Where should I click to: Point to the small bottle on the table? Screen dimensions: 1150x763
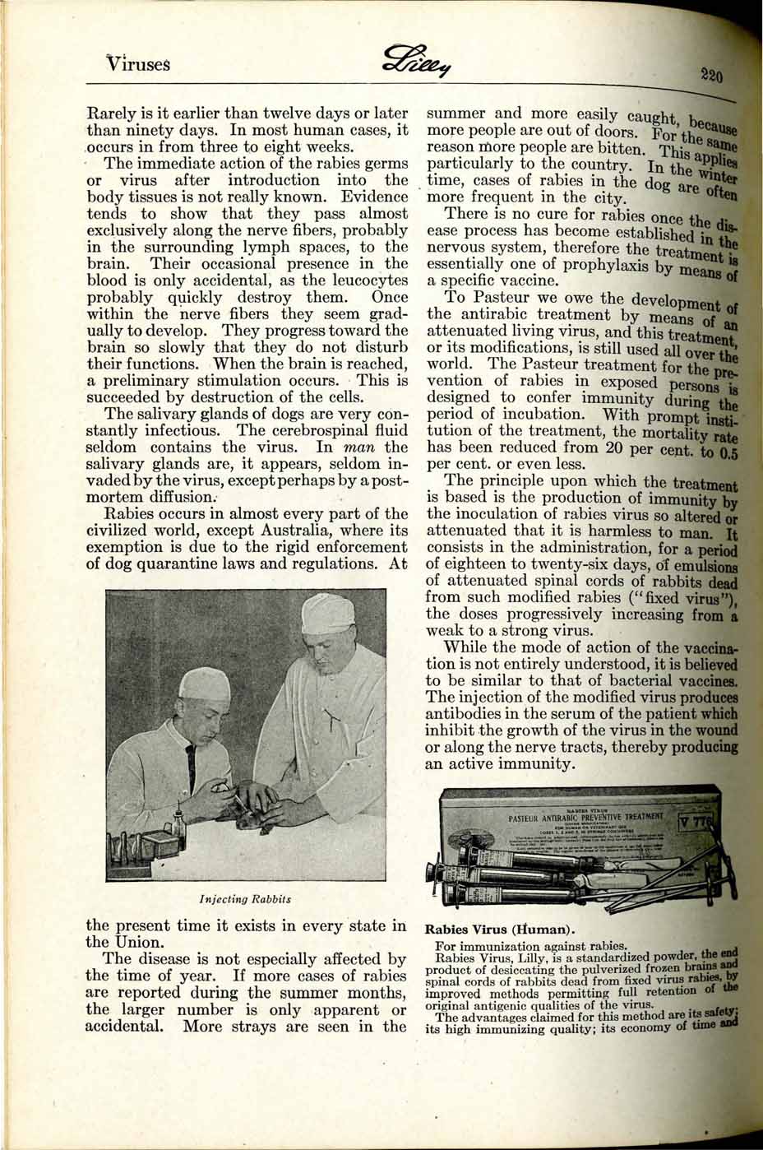coord(177,823)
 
